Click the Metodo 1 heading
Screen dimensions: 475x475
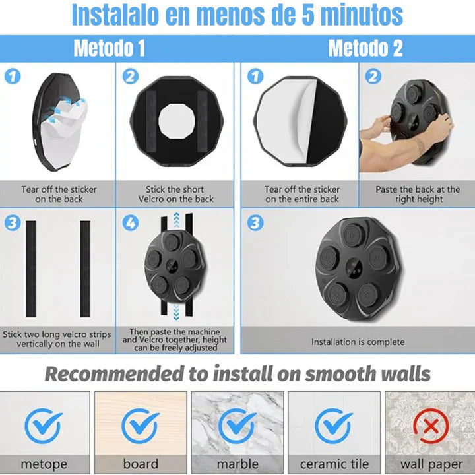tap(110, 48)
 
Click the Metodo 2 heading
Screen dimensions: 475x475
tap(365, 48)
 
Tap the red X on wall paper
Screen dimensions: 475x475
tap(431, 426)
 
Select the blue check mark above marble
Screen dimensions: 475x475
tap(237, 426)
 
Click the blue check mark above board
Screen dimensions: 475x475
tap(141, 426)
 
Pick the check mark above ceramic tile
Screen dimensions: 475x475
tap(334, 426)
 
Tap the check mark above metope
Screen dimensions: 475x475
tap(44, 426)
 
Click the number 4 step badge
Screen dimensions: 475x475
tap(131, 223)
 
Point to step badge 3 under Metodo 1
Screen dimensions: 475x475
tap(13, 223)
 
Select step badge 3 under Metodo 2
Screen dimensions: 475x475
tap(255, 223)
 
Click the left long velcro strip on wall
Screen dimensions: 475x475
tap(31, 269)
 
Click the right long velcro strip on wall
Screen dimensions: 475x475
tap(85, 269)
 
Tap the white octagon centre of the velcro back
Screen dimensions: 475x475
tap(177, 121)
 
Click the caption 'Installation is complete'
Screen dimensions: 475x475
tap(358, 342)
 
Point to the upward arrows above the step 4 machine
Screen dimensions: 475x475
tap(177, 220)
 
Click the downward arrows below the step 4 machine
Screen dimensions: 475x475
tap(176, 312)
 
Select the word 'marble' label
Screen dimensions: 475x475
tap(237, 464)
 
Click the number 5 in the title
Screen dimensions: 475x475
tap(308, 15)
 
